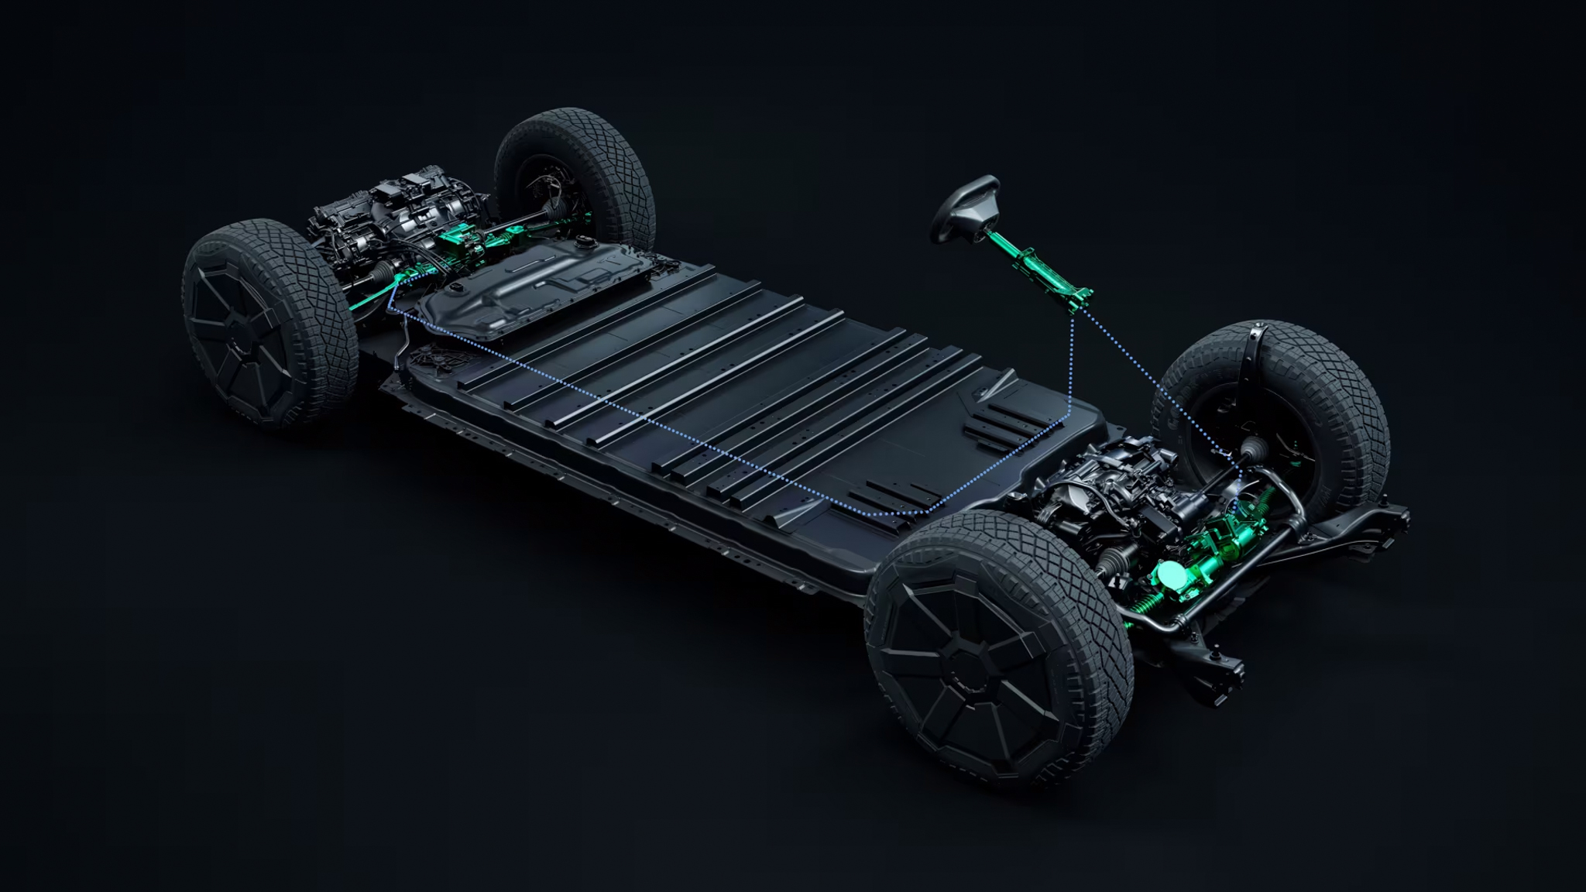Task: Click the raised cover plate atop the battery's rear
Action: [x=534, y=286]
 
